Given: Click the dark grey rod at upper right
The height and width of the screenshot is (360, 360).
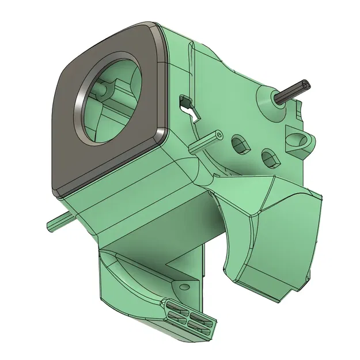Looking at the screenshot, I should tap(294, 92).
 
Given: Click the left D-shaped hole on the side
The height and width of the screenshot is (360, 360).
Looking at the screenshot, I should tap(239, 144).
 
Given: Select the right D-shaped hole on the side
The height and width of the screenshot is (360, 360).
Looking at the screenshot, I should tap(268, 157).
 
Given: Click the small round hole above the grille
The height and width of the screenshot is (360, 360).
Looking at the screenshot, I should tap(185, 286).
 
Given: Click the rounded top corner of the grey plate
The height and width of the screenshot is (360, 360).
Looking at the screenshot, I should tap(144, 29).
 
